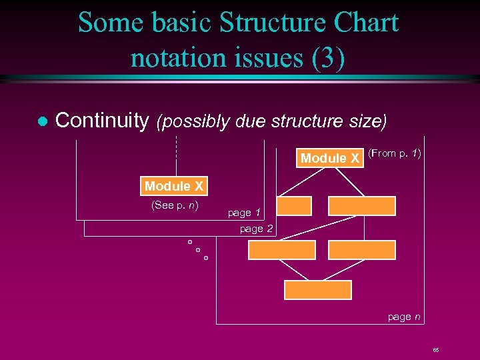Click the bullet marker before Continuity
coord(41,121)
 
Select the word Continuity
coord(101,121)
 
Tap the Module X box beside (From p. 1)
coord(330,158)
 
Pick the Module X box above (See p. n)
coord(173,186)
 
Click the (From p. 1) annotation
coord(394,154)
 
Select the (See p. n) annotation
coord(175,205)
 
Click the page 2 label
coord(256,229)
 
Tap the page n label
coord(404,317)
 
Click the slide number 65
coord(435,350)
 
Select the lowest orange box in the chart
coord(317,290)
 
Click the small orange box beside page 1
coord(295,206)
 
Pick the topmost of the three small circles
coord(190,241)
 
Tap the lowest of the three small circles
coord(206,257)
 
